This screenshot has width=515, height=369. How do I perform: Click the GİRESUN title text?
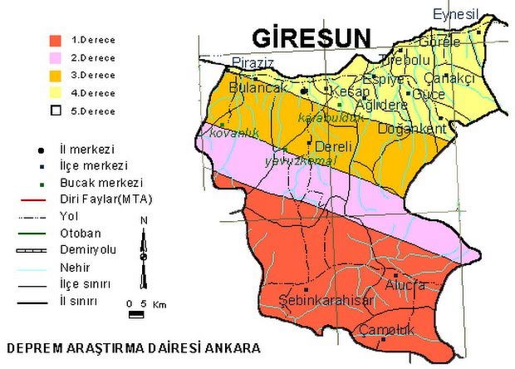pyautogui.click(x=311, y=39)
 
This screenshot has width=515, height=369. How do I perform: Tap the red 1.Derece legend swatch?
pyautogui.click(x=56, y=40)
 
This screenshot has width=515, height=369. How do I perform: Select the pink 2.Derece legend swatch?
pyautogui.click(x=56, y=57)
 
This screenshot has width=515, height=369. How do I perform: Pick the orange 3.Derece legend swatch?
pyautogui.click(x=56, y=76)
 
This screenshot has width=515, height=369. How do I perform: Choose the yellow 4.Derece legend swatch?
pyautogui.click(x=56, y=93)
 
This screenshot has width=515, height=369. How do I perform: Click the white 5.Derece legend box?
pyautogui.click(x=56, y=111)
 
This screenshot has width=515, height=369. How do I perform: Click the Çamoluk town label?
pyautogui.click(x=386, y=330)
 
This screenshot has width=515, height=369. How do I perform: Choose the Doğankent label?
pyautogui.click(x=413, y=130)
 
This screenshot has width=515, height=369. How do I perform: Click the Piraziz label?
pyautogui.click(x=253, y=63)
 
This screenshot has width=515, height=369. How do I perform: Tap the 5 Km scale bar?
pyautogui.click(x=137, y=314)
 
